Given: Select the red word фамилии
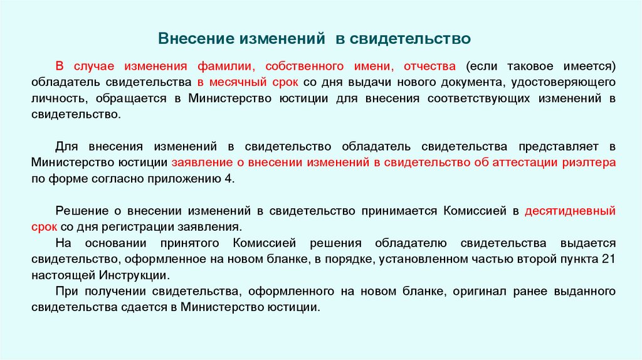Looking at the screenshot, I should (226, 66).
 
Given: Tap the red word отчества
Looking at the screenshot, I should (430, 66).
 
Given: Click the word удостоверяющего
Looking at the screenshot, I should (564, 82).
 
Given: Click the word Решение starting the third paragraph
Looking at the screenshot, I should (78, 211).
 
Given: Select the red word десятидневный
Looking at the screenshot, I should (571, 211).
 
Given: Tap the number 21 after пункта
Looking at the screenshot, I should (608, 259).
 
